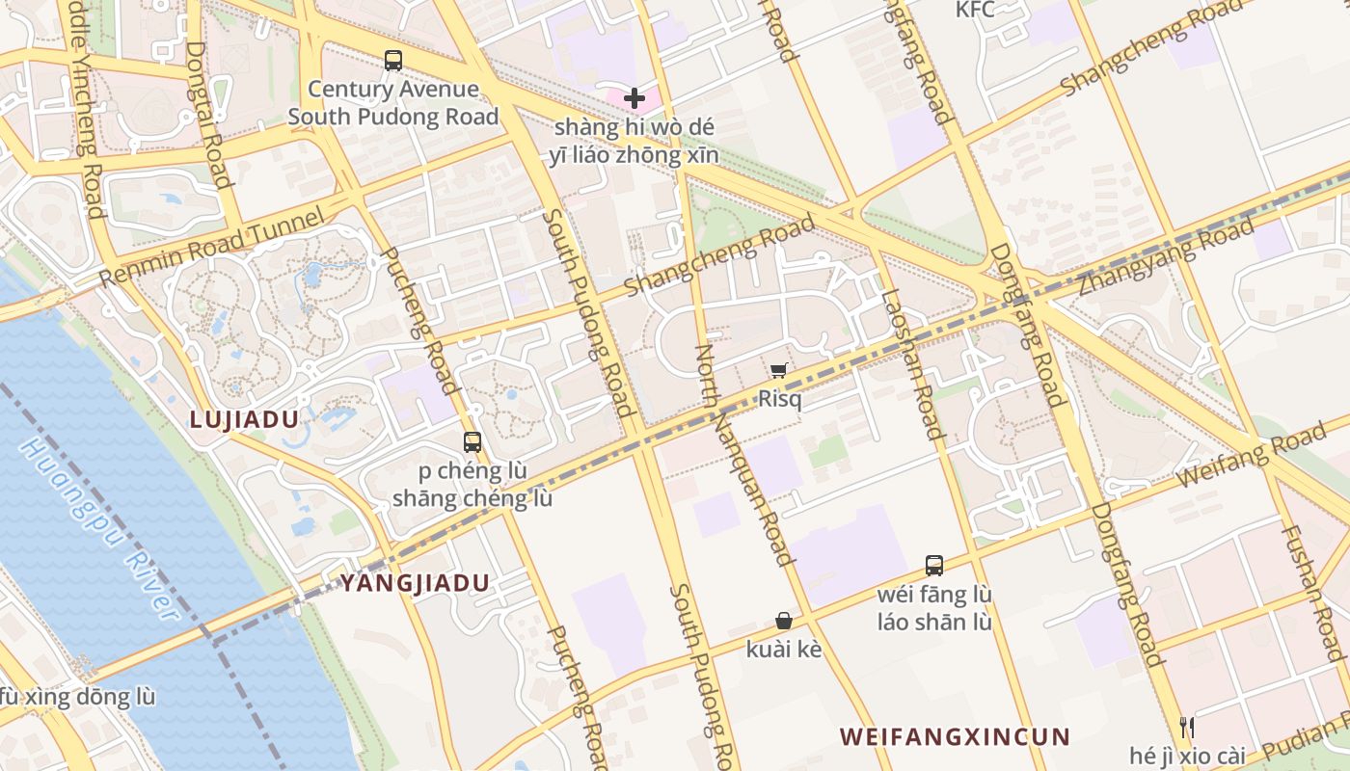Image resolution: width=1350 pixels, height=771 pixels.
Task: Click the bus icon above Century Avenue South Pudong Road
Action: pyautogui.click(x=393, y=60)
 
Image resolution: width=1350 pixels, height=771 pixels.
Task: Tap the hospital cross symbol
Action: pyautogui.click(x=634, y=97)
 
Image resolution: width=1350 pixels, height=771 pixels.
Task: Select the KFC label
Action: pyautogui.click(x=975, y=10)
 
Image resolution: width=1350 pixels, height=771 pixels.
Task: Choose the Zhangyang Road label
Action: pyautogui.click(x=1166, y=256)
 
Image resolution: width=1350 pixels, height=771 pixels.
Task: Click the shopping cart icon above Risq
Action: pyautogui.click(x=779, y=370)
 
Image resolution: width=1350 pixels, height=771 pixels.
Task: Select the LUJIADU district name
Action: pyautogui.click(x=244, y=419)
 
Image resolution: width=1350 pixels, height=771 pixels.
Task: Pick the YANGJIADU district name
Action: pyautogui.click(x=415, y=583)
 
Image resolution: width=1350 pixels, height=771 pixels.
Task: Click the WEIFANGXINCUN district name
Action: pyautogui.click(x=955, y=737)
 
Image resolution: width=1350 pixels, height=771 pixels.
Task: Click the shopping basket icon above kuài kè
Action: pyautogui.click(x=784, y=622)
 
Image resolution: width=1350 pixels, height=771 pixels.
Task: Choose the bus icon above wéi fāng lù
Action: pyautogui.click(x=933, y=565)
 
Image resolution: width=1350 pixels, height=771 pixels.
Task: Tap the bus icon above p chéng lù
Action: pyautogui.click(x=472, y=442)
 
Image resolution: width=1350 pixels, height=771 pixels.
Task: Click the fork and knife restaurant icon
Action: pyautogui.click(x=1187, y=728)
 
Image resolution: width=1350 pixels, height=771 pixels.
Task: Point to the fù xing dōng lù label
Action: pyautogui.click(x=77, y=696)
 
